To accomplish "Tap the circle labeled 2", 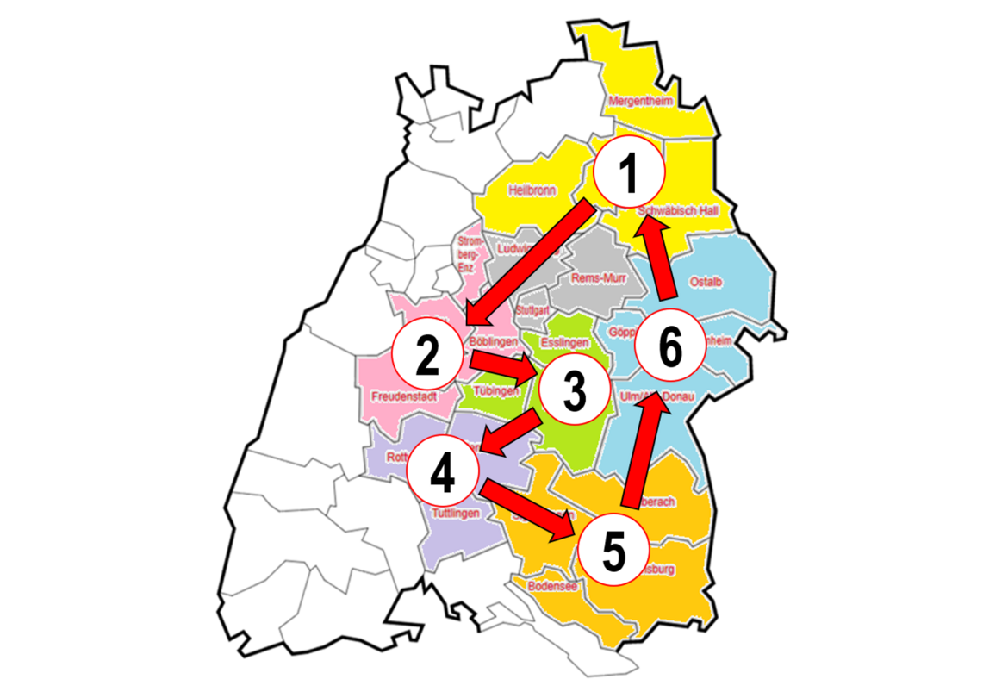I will coord(427,356).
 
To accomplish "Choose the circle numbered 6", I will coord(669,346).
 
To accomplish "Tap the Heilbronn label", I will coord(532,190).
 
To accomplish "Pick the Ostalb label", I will coord(706,281).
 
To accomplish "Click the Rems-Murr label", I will coord(599,277).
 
